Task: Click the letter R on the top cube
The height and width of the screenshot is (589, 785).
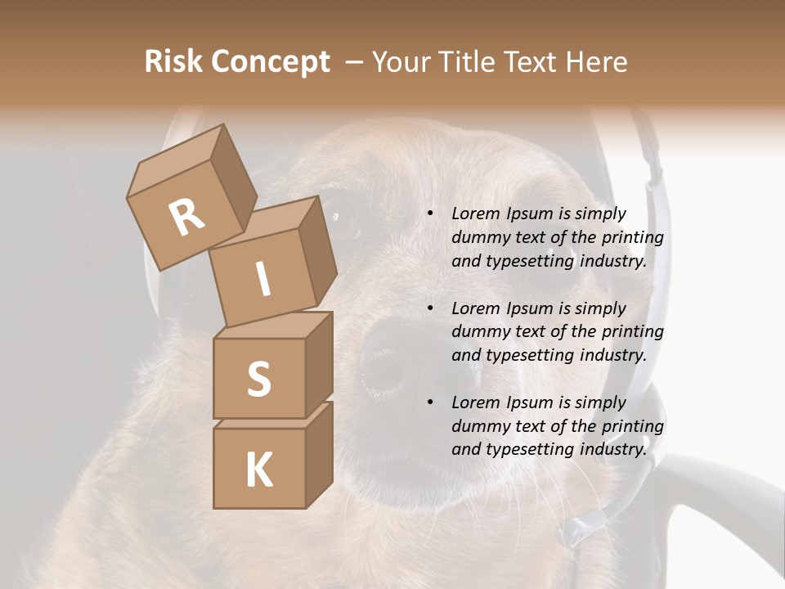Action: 186,218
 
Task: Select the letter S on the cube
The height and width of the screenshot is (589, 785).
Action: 258,379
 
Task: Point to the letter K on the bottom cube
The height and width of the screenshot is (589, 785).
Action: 258,470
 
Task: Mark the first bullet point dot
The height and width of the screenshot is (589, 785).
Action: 430,214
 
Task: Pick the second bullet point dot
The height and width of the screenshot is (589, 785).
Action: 430,308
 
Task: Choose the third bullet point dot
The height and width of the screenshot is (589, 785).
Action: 430,402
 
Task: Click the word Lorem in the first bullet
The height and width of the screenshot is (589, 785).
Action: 475,214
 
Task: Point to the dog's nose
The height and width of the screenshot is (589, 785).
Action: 401,360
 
